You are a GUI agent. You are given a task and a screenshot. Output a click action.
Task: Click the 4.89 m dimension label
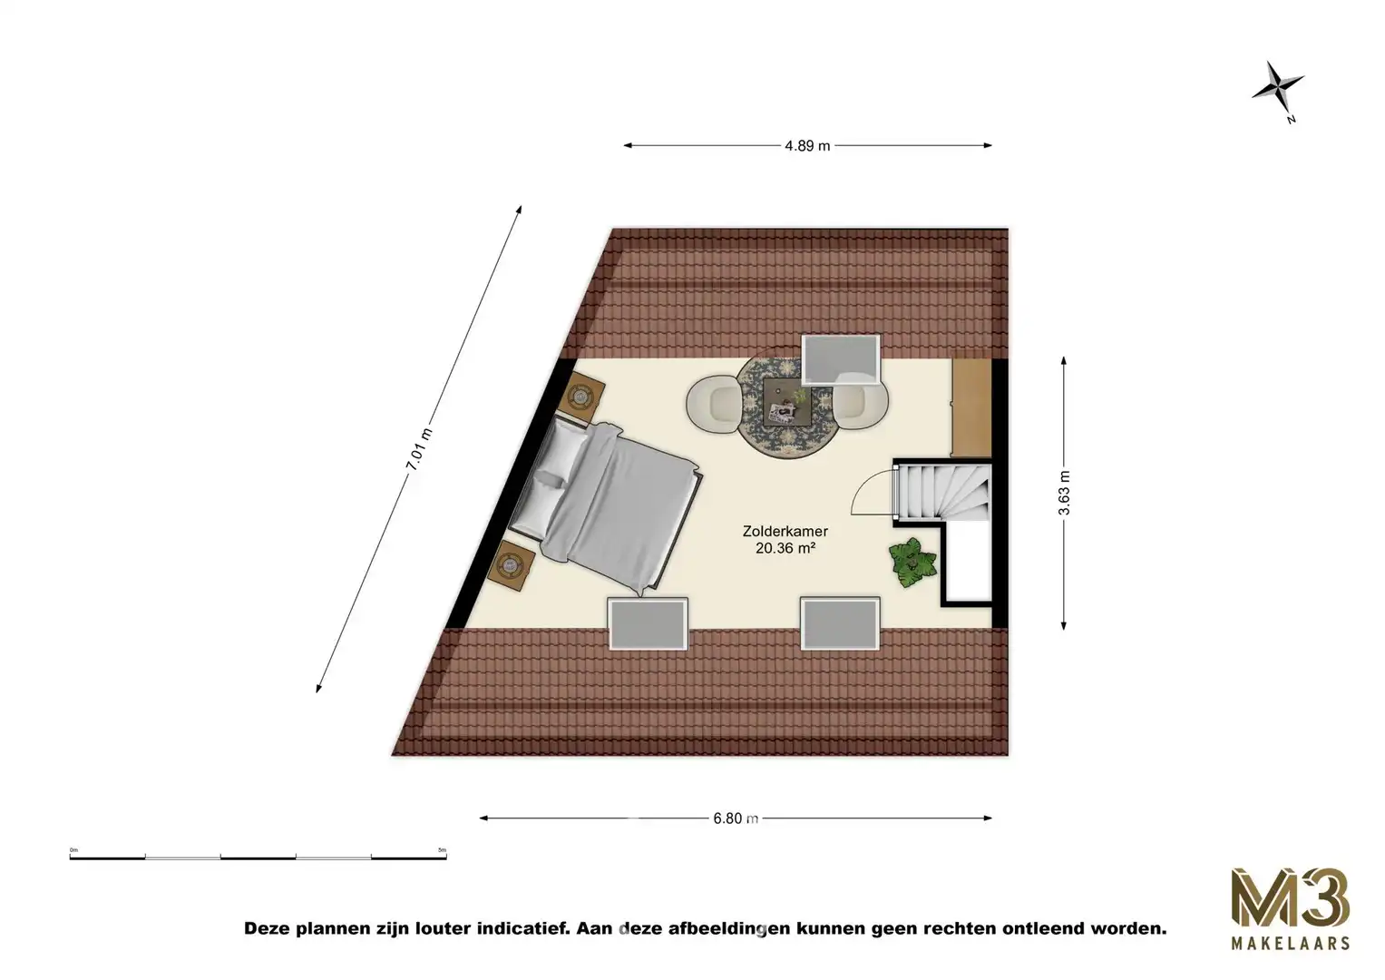[807, 145]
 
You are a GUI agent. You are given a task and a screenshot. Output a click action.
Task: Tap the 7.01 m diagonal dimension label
[419, 449]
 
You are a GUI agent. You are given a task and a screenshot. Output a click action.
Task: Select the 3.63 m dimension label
[1064, 493]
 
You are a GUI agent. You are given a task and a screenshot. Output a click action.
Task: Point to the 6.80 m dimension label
[735, 818]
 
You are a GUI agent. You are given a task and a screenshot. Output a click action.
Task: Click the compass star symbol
[1278, 88]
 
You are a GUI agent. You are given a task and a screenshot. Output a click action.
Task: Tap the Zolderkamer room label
[785, 532]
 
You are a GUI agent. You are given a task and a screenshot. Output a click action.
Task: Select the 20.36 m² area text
[785, 548]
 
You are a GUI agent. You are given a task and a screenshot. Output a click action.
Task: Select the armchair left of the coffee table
[713, 403]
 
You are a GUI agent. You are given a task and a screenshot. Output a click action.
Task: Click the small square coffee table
[785, 402]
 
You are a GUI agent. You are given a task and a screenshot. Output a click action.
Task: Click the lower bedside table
[511, 566]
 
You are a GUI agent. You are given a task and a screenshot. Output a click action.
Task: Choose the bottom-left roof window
[647, 622]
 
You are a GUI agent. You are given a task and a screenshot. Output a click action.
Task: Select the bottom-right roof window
[840, 622]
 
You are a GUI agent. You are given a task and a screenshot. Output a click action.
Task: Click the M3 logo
[1290, 897]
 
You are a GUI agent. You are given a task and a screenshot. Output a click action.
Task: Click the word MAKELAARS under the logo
[1290, 944]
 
